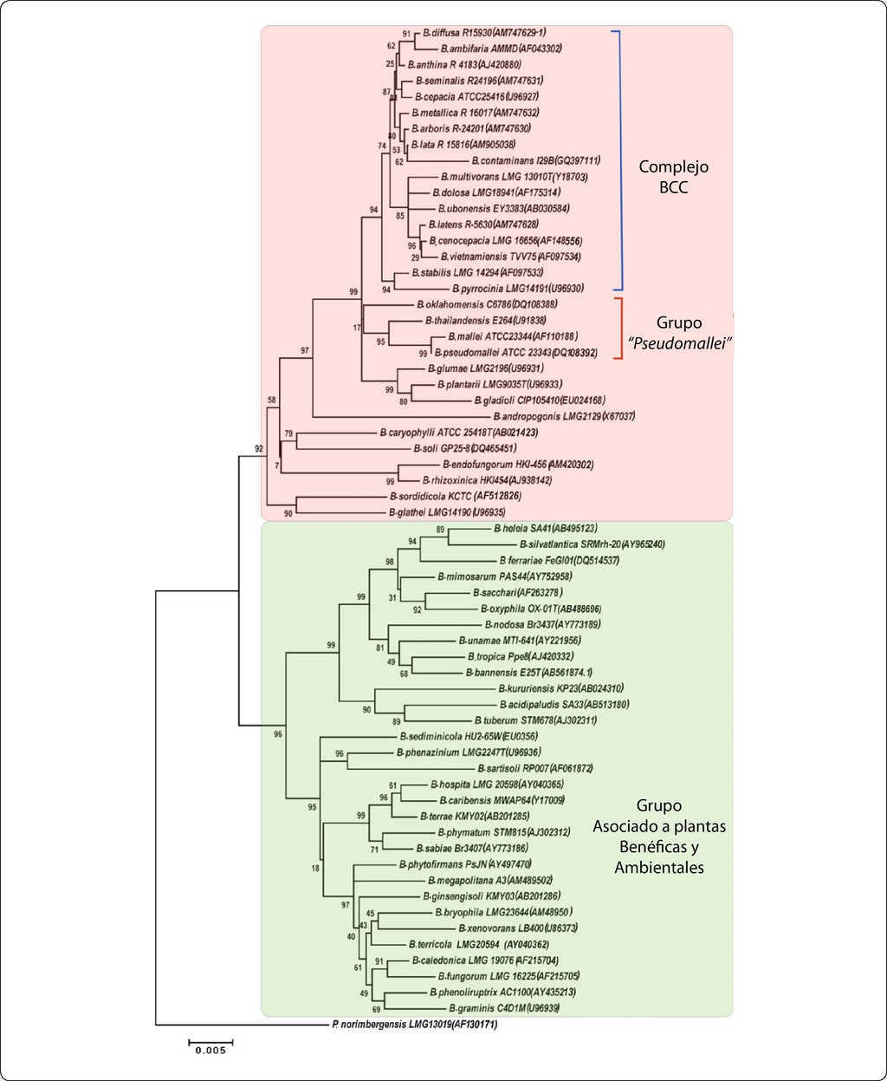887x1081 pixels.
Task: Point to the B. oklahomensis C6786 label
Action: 486,304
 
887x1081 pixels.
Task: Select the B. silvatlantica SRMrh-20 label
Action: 567,544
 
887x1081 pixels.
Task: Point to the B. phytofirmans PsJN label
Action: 464,864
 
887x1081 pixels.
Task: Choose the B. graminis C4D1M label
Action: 504,1008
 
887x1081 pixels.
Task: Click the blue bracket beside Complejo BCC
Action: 618,160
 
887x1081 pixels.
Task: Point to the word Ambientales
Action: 659,867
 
